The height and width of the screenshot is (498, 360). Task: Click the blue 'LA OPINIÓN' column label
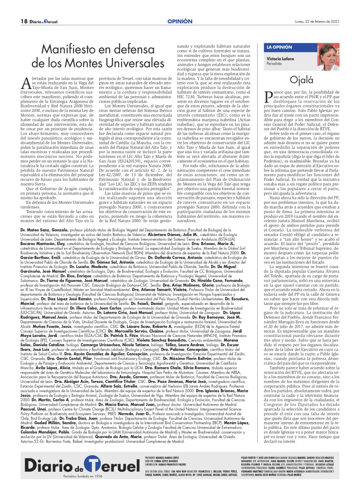279,47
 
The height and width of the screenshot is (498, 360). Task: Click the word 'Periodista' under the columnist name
274,64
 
